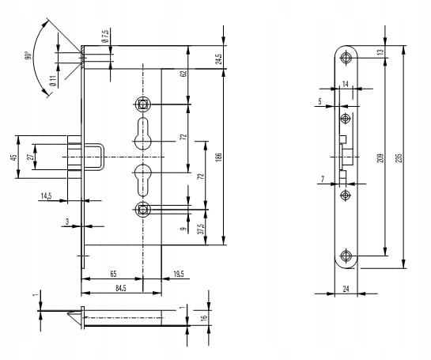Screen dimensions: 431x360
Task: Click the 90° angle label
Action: click(x=28, y=55)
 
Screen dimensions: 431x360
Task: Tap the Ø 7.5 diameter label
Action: click(x=105, y=36)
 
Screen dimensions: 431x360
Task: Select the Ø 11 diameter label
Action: click(x=53, y=81)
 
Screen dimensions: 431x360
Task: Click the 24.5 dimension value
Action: click(x=218, y=59)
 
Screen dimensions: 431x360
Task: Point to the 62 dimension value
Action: click(x=184, y=74)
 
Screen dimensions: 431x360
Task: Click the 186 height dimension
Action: click(x=219, y=157)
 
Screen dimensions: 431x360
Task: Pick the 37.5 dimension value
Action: click(x=202, y=229)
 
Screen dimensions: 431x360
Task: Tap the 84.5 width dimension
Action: click(x=121, y=288)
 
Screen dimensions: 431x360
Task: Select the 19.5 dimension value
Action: click(x=179, y=274)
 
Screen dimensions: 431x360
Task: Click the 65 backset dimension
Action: click(x=113, y=274)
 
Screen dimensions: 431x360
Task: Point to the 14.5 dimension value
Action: click(x=46, y=196)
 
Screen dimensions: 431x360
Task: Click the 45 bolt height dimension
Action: click(x=13, y=157)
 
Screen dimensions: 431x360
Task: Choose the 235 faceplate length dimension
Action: click(x=399, y=157)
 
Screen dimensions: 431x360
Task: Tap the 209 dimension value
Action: click(x=380, y=157)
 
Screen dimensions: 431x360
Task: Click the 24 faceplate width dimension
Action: click(x=346, y=289)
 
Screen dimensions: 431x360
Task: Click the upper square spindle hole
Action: click(x=143, y=104)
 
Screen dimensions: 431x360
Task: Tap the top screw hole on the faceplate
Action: click(x=346, y=58)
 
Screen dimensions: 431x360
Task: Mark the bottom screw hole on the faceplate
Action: click(x=346, y=256)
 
